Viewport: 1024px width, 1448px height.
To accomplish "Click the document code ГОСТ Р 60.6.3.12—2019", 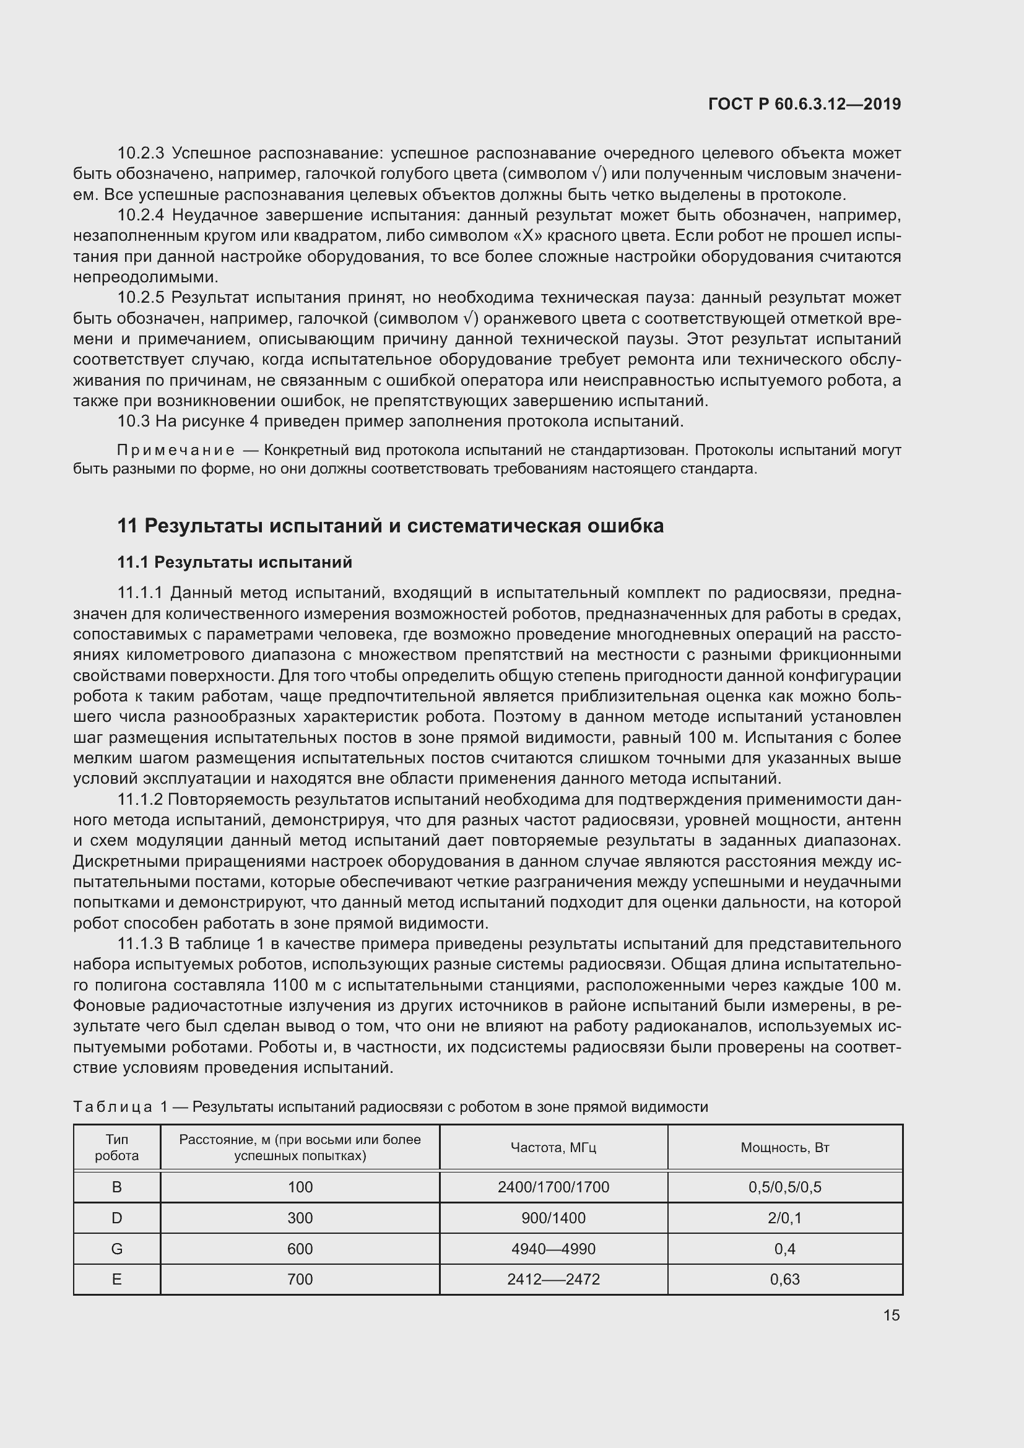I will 805,104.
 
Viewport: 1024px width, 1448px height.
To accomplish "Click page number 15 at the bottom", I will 891,1315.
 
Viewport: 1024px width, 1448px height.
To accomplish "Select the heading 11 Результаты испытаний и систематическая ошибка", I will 390,526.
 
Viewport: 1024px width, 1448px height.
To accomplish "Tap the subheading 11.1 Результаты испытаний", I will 235,562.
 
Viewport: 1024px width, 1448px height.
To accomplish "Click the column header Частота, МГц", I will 553,1147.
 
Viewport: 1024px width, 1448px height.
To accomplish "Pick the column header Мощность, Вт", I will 784,1147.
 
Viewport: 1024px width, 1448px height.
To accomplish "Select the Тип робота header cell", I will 116,1147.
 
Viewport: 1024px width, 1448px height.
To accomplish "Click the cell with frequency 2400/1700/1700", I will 553,1187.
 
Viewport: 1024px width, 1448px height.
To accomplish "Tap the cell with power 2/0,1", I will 784,1218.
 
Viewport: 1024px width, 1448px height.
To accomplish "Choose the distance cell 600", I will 300,1249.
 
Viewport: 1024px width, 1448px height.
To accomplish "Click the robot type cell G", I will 116,1249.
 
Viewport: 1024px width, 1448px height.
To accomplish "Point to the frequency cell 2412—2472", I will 553,1279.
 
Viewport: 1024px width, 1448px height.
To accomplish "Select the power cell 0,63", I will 784,1279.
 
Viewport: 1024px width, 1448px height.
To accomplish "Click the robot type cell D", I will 116,1218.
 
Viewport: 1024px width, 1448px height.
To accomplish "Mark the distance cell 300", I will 300,1218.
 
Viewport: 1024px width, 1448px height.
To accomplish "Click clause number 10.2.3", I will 141,154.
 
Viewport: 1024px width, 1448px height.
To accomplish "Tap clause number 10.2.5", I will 141,297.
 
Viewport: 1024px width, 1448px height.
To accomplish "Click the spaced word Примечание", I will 176,450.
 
